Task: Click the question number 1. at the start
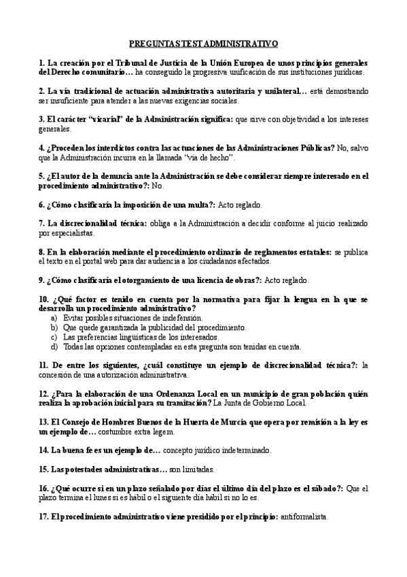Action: tap(42, 62)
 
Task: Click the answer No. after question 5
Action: tap(158, 185)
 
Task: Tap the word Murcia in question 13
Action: tap(256, 422)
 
